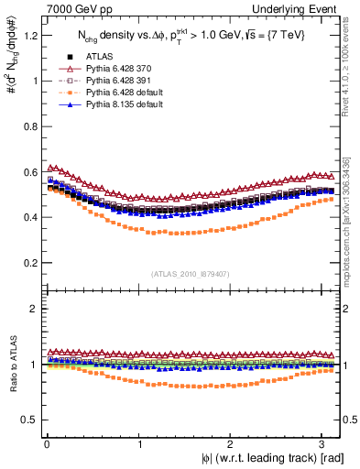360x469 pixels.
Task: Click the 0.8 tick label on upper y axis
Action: [x=28, y=126]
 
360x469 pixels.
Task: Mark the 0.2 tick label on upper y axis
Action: [x=28, y=263]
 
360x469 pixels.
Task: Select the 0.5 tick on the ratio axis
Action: [x=28, y=420]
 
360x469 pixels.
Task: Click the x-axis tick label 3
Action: [x=324, y=443]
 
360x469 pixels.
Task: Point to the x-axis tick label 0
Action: [x=47, y=443]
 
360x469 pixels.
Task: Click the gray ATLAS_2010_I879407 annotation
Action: [x=190, y=272]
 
